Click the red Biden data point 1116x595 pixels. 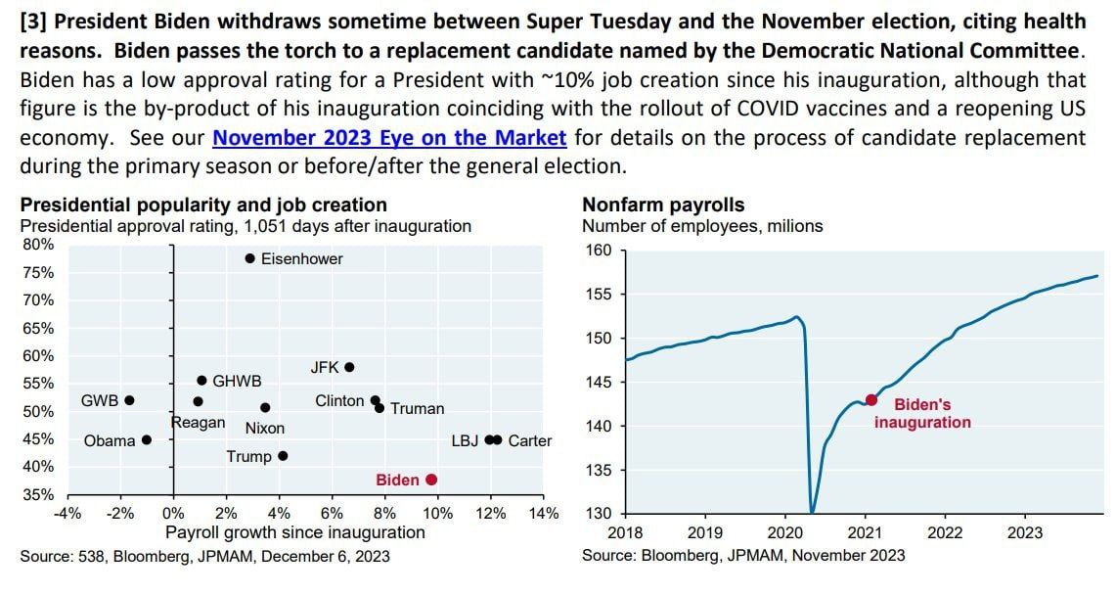tap(431, 480)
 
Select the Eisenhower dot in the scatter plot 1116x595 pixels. tap(249, 259)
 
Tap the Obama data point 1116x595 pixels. tap(147, 440)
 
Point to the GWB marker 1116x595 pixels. tap(129, 400)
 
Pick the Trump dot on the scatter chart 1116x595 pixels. tap(283, 456)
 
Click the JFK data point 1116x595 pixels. tap(349, 368)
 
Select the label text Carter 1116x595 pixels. tap(529, 440)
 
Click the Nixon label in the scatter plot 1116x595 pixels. tap(264, 428)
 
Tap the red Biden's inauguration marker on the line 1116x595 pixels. tap(871, 399)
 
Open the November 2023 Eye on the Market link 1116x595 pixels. tap(389, 138)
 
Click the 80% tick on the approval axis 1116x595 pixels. tap(38, 245)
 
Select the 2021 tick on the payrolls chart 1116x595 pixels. tap(865, 533)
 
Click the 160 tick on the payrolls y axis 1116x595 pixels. tap(600, 251)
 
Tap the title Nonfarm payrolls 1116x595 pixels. tap(663, 205)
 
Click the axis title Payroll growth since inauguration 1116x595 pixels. tap(294, 533)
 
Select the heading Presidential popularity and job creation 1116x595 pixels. tap(203, 205)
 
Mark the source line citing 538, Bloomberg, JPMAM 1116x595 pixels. tap(204, 556)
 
